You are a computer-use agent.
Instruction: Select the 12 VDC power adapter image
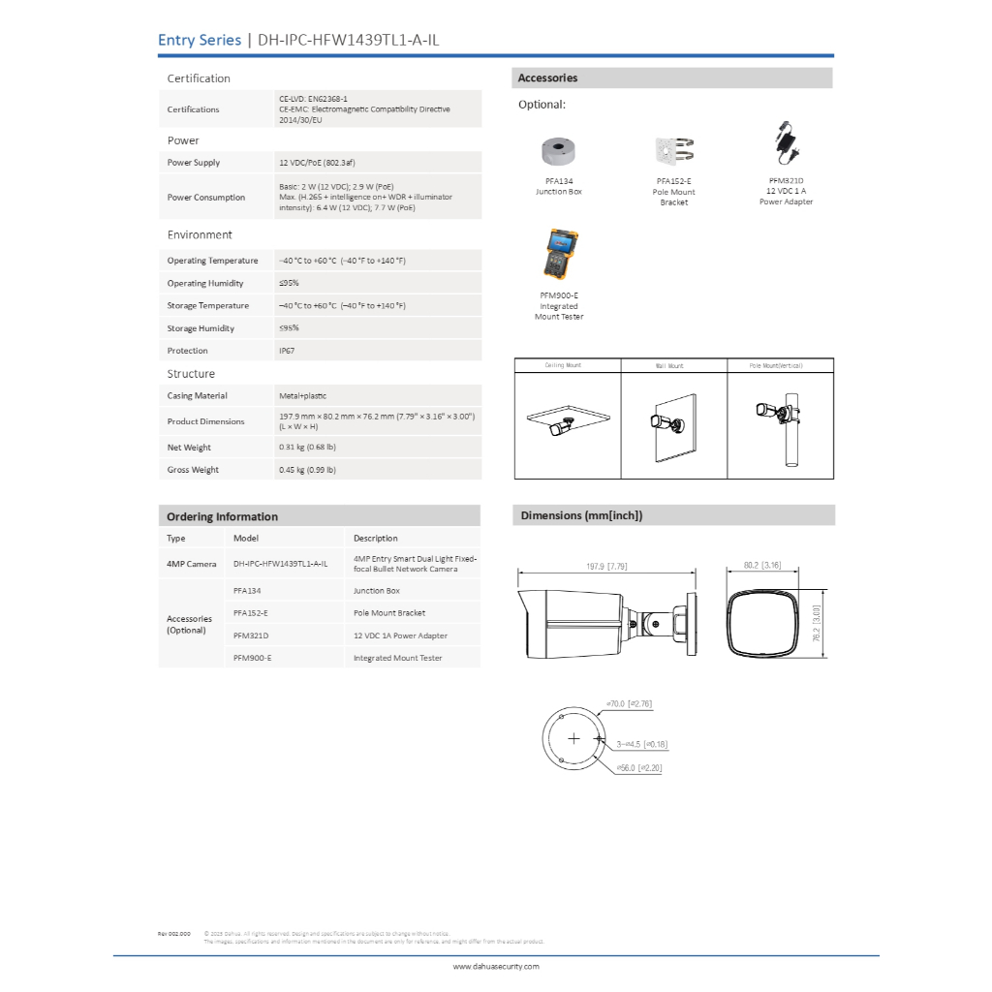tap(786, 143)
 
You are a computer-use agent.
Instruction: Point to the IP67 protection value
tap(287, 351)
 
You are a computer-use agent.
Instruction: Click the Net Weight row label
tap(189, 448)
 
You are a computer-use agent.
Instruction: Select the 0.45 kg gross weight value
tap(307, 470)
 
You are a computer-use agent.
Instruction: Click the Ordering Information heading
tap(222, 516)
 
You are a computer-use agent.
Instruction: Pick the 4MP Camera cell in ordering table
tap(192, 563)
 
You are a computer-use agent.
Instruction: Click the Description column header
tap(375, 539)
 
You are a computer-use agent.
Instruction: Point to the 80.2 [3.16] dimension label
tap(762, 565)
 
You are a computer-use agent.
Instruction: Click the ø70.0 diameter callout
tap(628, 703)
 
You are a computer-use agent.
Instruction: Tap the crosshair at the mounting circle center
tap(574, 739)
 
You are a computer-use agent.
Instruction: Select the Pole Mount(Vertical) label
tap(776, 366)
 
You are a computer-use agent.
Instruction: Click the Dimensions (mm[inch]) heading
tap(581, 515)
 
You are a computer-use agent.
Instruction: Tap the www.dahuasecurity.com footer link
tap(496, 966)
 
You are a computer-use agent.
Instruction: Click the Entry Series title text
tap(200, 40)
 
